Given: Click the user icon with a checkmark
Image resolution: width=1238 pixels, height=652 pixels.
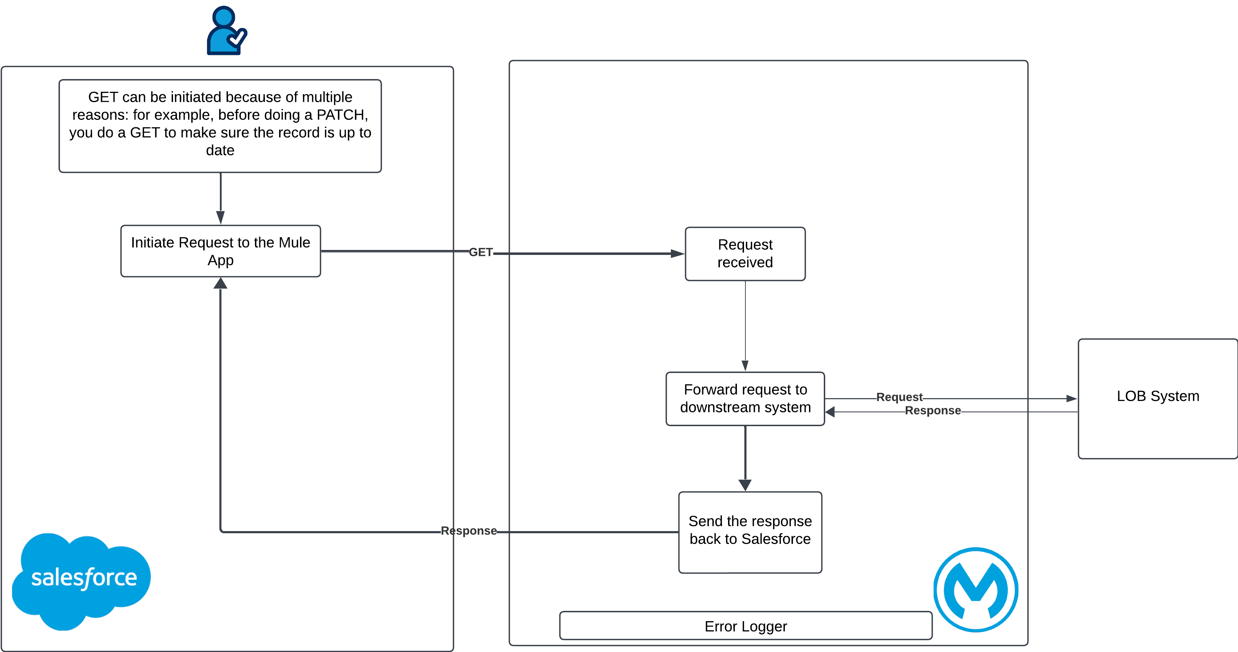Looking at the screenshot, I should [x=227, y=30].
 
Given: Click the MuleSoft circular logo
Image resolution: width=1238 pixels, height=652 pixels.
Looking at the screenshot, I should [x=976, y=590].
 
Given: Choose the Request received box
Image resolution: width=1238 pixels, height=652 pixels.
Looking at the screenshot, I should [x=745, y=254].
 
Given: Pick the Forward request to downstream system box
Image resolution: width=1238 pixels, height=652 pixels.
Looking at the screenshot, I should [x=745, y=398].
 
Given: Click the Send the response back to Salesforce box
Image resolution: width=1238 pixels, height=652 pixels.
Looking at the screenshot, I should [x=750, y=532].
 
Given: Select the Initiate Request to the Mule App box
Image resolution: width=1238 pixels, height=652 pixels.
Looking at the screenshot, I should [x=221, y=251].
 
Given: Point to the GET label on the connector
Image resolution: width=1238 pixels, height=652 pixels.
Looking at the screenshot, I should [x=481, y=252].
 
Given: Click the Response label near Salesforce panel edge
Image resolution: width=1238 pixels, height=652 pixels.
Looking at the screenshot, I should [x=468, y=531].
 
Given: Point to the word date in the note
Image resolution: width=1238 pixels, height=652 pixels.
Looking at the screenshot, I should [x=220, y=150].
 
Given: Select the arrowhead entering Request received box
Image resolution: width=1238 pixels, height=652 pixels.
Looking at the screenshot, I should [x=678, y=254].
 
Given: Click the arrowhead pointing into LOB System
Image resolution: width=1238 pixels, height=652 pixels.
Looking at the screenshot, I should [x=1071, y=398].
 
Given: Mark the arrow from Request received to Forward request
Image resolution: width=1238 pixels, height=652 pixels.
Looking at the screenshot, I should [x=745, y=327].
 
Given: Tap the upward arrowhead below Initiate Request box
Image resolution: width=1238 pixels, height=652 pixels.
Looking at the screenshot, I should [x=221, y=284].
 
